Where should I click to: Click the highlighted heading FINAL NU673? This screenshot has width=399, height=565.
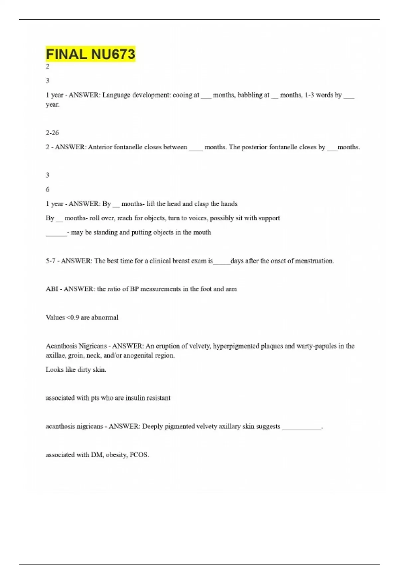pyautogui.click(x=90, y=54)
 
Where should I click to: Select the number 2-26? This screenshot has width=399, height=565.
pyautogui.click(x=52, y=133)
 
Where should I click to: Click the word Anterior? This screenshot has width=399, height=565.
pyautogui.click(x=100, y=147)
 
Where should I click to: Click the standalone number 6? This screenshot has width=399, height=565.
pyautogui.click(x=48, y=189)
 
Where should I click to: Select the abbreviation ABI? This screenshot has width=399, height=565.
pyautogui.click(x=52, y=289)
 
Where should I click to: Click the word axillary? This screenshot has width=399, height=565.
pyautogui.click(x=229, y=426)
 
